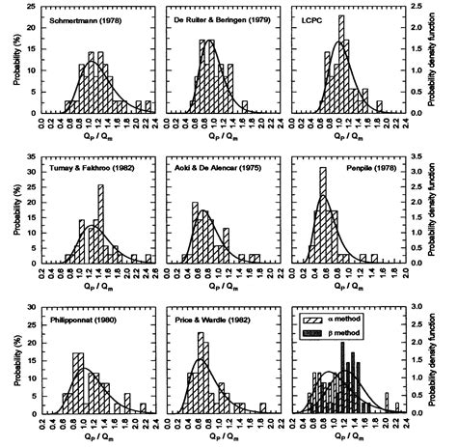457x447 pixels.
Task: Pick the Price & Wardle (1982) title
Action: [x=210, y=317]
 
